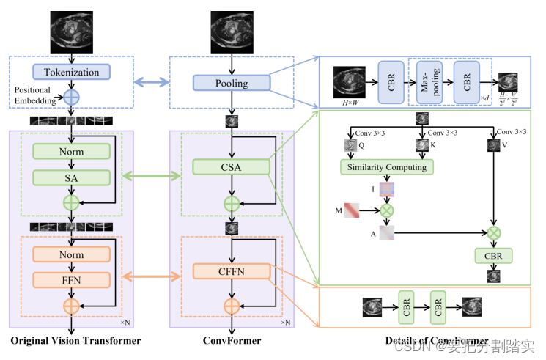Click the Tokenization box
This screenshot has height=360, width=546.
point(71,72)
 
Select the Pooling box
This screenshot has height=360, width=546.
point(231,83)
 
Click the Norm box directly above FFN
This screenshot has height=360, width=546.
point(71,254)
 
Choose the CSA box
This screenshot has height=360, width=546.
point(231,168)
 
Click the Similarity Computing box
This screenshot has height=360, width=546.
point(387,167)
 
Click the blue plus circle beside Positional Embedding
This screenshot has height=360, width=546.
point(71,96)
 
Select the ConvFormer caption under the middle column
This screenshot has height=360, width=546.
point(231,341)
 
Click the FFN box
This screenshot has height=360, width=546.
point(71,279)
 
